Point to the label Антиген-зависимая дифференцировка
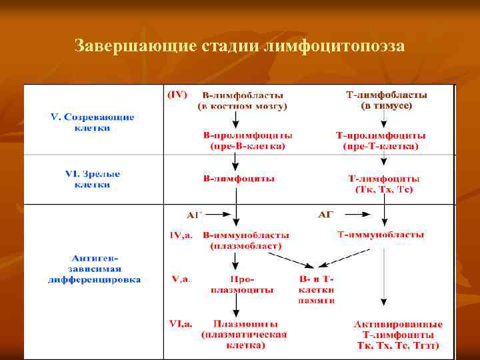pyautogui.click(x=94, y=269)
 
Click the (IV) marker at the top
pyautogui.click(x=177, y=95)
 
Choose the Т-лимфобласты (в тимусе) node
pyautogui.click(x=387, y=101)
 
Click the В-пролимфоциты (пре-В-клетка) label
pyautogui.click(x=247, y=140)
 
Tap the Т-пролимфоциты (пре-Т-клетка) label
pyautogui.click(x=381, y=140)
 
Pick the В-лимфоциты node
pyautogui.click(x=239, y=179)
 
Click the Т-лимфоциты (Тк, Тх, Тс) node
pyautogui.click(x=384, y=184)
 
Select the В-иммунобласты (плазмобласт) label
pyautogui.click(x=246, y=240)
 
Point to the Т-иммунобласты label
pyautogui.click(x=381, y=235)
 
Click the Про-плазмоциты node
pyautogui.click(x=242, y=285)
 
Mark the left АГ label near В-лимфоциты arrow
pyautogui.click(x=194, y=215)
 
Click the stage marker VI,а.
pyautogui.click(x=181, y=324)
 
